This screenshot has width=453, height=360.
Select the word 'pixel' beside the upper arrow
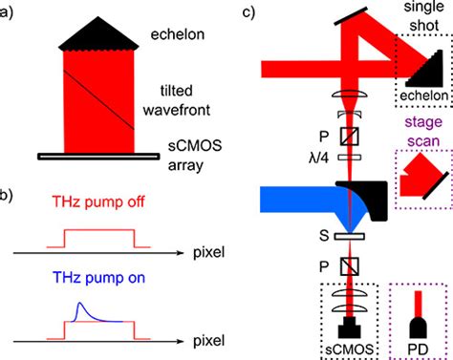click(199, 254)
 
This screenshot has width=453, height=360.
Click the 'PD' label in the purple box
click(421, 344)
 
